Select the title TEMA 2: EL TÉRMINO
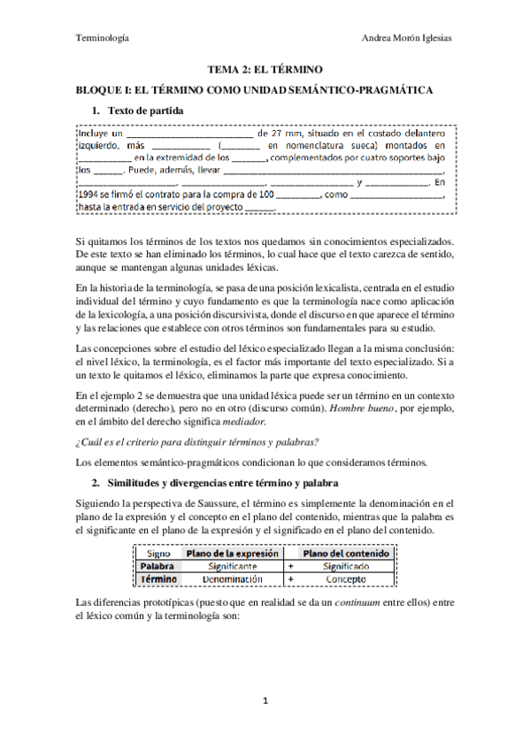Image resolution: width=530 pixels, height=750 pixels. [265, 68]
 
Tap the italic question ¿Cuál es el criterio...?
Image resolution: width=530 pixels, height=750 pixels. [185, 442]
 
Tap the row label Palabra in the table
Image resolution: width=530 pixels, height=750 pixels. [161, 565]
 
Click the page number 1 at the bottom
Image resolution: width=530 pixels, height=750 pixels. [265, 701]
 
